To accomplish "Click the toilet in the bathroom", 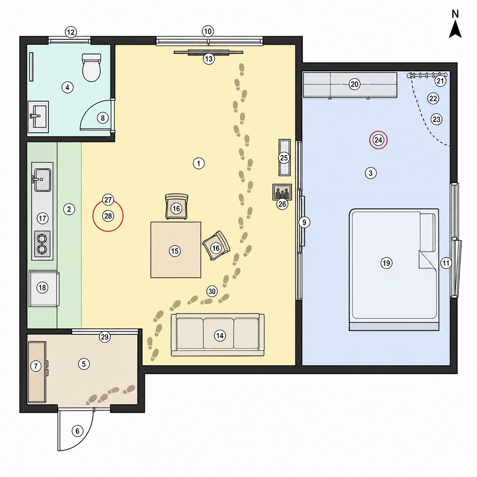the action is (91, 68).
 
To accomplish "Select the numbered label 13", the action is (209, 59).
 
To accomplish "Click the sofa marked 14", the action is (218, 335).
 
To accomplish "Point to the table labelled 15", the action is (176, 250).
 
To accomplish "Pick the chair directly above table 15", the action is (177, 207).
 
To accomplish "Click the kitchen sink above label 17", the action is (42, 179).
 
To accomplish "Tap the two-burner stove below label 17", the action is (42, 244).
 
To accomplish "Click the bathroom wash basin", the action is (38, 117).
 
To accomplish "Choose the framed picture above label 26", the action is (282, 192).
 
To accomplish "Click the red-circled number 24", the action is (378, 140).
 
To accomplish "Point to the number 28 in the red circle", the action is (108, 216).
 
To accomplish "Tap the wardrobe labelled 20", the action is (350, 85).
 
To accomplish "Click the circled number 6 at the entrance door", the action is (77, 431).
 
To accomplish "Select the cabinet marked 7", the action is (37, 372).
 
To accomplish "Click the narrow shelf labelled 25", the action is (285, 157).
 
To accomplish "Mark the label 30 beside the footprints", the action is (212, 291).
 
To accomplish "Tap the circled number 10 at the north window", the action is (207, 31).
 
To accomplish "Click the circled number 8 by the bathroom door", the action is (102, 118).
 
